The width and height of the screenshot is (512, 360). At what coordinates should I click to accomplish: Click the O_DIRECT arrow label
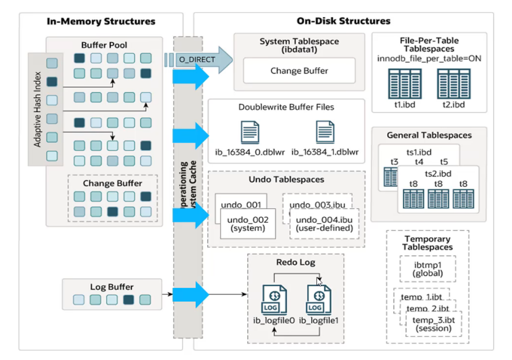pos(197,59)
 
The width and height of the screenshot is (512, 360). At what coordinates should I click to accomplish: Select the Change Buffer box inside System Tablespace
pos(299,70)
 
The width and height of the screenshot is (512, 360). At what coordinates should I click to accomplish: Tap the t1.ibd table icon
pos(405,84)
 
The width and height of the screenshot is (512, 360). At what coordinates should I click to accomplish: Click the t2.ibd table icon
pos(453,84)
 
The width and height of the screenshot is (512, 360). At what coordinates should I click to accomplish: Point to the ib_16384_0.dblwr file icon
pos(250,132)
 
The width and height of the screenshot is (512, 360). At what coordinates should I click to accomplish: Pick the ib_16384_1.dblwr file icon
pos(325,132)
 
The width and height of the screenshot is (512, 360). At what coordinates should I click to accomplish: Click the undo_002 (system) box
pos(248,224)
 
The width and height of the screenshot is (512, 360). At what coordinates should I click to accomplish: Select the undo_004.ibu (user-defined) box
pos(324,224)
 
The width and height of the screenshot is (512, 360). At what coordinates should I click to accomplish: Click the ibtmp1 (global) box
pos(428,269)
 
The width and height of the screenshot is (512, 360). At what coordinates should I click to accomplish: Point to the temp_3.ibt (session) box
pos(434,324)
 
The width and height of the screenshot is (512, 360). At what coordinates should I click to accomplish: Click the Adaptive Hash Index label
pos(37,109)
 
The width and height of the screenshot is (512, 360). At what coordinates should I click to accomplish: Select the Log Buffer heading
pos(112,287)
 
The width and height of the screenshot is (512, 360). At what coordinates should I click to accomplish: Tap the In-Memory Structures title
pos(101,21)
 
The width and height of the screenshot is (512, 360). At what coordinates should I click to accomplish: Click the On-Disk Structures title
pos(343,21)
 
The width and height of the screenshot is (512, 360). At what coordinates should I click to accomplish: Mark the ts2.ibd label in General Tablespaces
pos(438,174)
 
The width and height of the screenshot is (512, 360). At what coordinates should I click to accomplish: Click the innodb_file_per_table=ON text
pos(429,58)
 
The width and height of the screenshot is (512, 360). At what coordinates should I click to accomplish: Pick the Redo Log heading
pos(296,262)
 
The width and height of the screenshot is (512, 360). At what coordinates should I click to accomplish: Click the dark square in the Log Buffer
pos(128,300)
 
